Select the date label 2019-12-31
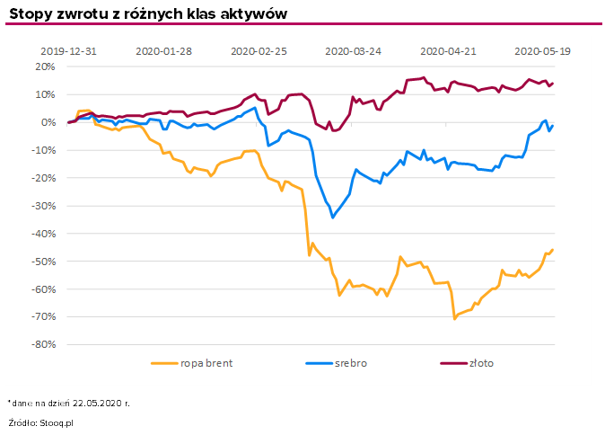point(68,51)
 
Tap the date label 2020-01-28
point(163,51)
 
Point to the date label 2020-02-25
point(259,51)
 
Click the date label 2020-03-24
point(353,51)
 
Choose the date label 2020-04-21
point(448,51)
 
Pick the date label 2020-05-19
point(542,51)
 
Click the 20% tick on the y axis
point(45,67)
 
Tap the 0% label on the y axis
point(48,122)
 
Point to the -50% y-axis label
point(43,262)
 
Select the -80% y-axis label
point(43,344)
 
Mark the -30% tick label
point(43,206)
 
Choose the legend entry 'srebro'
point(351,363)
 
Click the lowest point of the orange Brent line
point(455,318)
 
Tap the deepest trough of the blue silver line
point(333,217)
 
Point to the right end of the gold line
point(553,83)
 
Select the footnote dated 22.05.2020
point(68,403)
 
